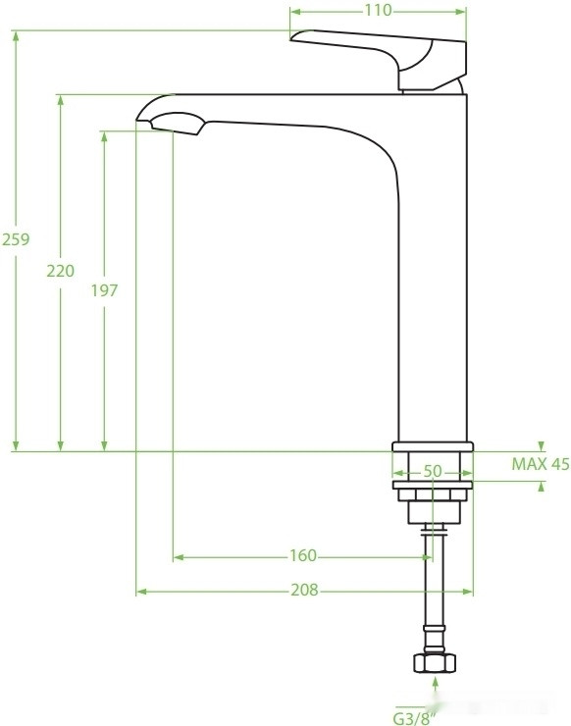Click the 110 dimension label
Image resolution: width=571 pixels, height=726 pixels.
pyautogui.click(x=378, y=10)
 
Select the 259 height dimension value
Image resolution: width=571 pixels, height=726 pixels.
pyautogui.click(x=16, y=239)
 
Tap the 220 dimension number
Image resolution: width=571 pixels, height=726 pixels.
pyautogui.click(x=60, y=271)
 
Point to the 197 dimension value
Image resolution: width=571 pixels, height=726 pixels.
pyautogui.click(x=104, y=290)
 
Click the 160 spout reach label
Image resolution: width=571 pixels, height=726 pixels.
pyautogui.click(x=303, y=555)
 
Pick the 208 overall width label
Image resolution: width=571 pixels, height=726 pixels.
pyautogui.click(x=304, y=590)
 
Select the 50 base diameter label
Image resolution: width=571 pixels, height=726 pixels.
pyautogui.click(x=433, y=471)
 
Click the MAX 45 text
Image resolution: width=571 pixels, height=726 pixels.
pyautogui.click(x=541, y=464)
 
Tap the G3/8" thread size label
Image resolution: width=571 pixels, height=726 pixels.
pyautogui.click(x=415, y=718)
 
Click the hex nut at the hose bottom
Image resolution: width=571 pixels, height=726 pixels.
pyautogui.click(x=435, y=662)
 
